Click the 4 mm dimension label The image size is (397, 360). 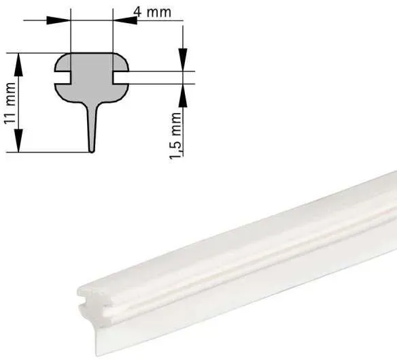click(152, 12)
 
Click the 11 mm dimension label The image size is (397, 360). click(10, 103)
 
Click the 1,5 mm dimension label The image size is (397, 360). click(175, 135)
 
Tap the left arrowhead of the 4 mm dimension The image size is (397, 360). click(58, 20)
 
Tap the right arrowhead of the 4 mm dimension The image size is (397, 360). click(125, 20)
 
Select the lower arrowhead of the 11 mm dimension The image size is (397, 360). click(18, 140)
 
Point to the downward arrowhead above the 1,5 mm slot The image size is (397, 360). click(183, 59)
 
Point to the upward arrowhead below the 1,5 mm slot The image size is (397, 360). click(183, 95)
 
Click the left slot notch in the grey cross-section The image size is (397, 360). click(63, 78)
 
